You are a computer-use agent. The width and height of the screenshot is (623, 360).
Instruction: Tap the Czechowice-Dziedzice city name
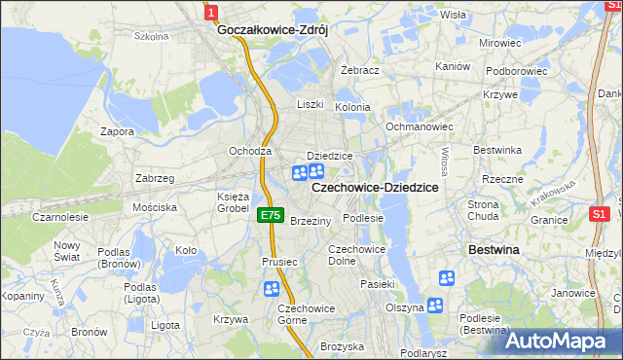click(375, 187)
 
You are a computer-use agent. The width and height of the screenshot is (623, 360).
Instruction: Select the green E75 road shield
click(272, 216)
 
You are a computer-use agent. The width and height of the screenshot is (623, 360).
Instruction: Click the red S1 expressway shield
click(600, 214)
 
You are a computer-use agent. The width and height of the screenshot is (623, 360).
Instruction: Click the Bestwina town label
click(495, 250)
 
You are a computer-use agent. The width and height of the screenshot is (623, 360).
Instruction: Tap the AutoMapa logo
click(562, 342)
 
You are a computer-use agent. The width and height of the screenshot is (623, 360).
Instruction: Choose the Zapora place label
click(117, 130)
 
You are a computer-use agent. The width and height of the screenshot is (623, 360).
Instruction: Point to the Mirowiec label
click(500, 44)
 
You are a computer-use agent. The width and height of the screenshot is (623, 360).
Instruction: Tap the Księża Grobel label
click(233, 202)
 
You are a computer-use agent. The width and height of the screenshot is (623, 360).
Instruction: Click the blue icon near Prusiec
click(271, 289)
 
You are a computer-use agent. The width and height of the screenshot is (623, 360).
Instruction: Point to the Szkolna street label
click(152, 37)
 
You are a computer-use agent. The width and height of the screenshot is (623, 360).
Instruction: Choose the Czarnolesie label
click(59, 218)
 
